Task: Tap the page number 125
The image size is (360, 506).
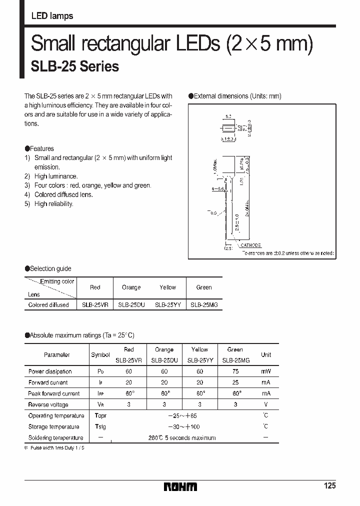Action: click(329, 485)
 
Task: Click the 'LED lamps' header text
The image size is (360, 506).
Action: click(52, 16)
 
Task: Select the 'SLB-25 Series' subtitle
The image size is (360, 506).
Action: click(75, 66)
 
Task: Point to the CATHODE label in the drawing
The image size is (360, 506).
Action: click(250, 245)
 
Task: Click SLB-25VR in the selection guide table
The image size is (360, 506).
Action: click(95, 304)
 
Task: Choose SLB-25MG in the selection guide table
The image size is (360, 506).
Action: click(204, 304)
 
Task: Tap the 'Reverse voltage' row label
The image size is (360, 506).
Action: click(48, 404)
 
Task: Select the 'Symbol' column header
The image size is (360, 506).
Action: click(100, 355)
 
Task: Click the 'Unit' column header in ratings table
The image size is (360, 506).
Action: click(266, 354)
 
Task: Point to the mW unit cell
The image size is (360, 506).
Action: click(266, 371)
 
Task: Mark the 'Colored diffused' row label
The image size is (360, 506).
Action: click(48, 304)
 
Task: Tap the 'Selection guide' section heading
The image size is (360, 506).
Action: click(50, 268)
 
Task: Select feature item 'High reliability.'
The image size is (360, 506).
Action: click(53, 203)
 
